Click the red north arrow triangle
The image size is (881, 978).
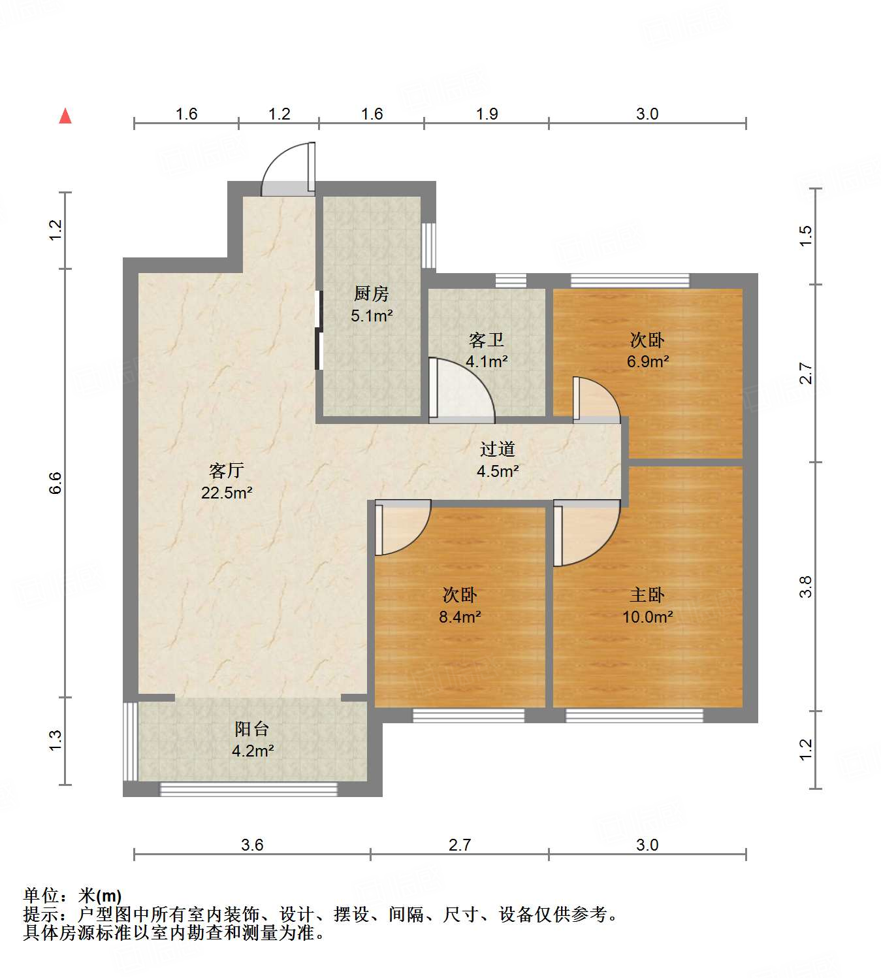tap(65, 116)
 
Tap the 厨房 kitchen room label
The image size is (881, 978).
tap(372, 293)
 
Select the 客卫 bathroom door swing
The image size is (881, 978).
tap(460, 389)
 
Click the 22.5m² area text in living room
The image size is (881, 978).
tap(227, 493)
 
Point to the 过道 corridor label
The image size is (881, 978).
tap(498, 449)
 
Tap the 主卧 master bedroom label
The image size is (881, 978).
tap(647, 595)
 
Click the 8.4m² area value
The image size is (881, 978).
tap(460, 617)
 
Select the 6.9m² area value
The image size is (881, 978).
tap(647, 361)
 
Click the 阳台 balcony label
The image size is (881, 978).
tap(252, 728)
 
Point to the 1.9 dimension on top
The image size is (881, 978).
tap(487, 114)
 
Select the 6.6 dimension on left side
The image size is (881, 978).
tap(56, 483)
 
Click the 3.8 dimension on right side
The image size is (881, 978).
tap(807, 586)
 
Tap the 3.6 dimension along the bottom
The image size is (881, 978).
tap(252, 845)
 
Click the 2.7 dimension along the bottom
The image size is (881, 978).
tap(460, 845)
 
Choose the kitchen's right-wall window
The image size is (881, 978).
tap(428, 245)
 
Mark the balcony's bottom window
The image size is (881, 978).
tap(249, 789)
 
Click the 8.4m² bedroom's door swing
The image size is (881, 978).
tap(401, 527)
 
